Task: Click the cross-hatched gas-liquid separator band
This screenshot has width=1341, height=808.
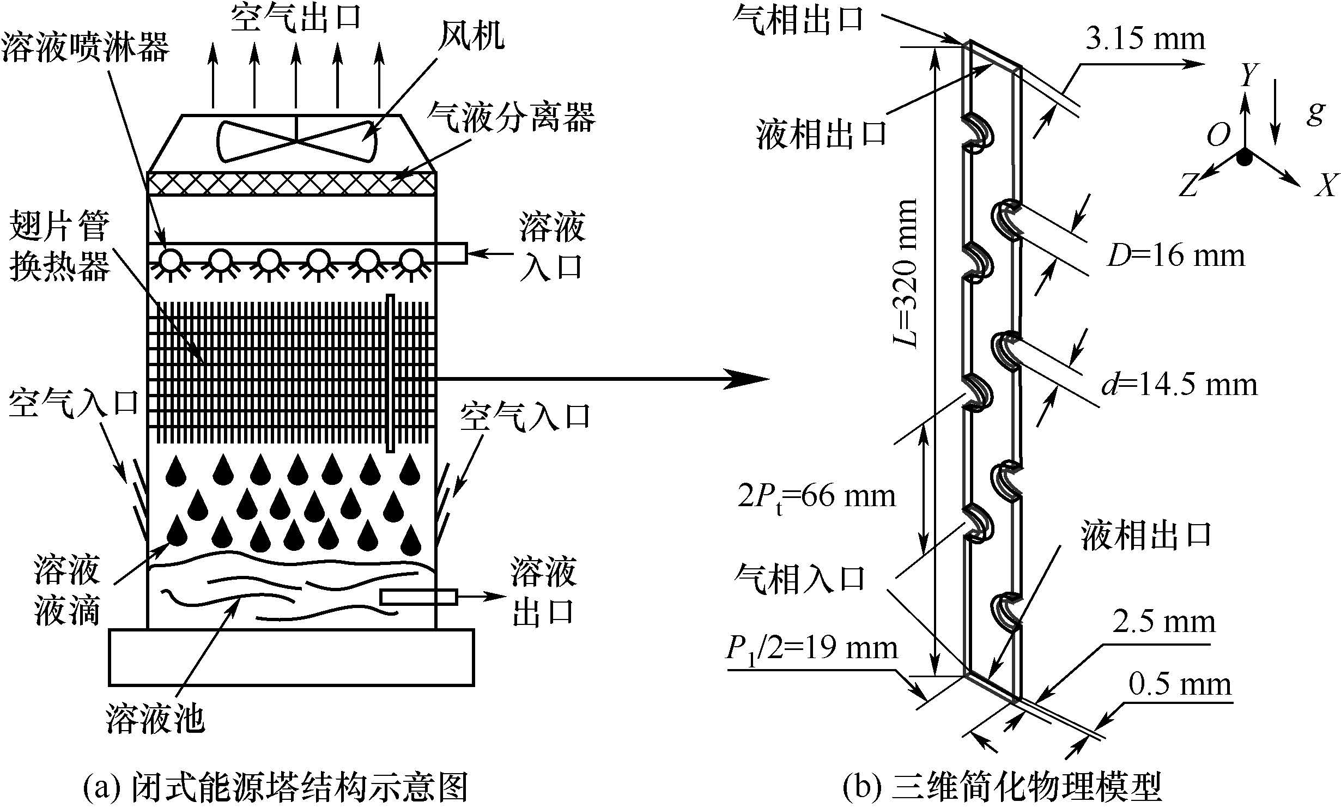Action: point(292,184)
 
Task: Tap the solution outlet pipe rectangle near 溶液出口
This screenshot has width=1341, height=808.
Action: point(418,597)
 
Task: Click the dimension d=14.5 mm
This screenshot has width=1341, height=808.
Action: point(1180,385)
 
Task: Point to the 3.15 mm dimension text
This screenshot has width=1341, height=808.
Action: point(1145,39)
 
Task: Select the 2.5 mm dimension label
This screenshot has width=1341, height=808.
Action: point(1164,622)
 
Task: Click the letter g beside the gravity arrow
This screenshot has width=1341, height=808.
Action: point(1315,113)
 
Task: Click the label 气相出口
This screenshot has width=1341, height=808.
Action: point(799,20)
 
